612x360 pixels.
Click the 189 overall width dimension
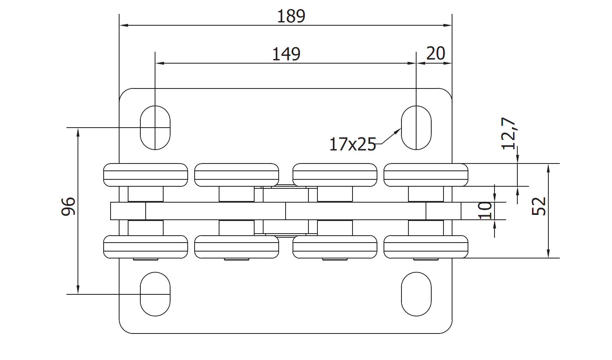click(291, 16)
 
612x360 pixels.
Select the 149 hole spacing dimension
click(286, 54)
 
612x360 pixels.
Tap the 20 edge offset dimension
click(435, 53)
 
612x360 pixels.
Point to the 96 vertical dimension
click(68, 206)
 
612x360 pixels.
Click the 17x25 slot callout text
click(353, 144)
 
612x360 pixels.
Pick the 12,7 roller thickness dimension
click(508, 133)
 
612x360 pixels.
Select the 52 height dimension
click(539, 206)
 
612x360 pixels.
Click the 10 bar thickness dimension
click(485, 210)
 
